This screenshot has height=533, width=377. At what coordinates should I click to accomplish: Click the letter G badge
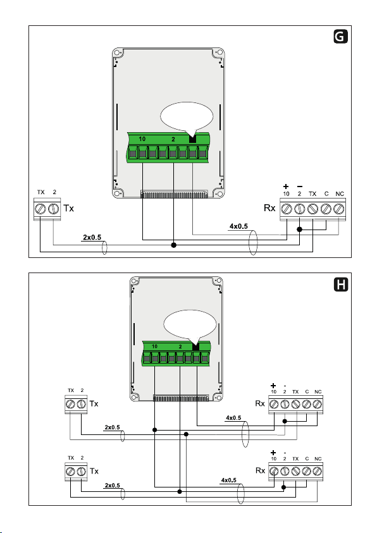tap(340, 37)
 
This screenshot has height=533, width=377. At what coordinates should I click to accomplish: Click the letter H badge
tap(340, 285)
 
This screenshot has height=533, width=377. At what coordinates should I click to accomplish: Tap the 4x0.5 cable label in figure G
tap(238, 226)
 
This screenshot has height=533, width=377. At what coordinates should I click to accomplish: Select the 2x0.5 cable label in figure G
tap(92, 237)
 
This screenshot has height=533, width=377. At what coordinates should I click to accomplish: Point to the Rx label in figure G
tap(269, 208)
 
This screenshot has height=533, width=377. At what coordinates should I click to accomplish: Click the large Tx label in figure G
tap(68, 208)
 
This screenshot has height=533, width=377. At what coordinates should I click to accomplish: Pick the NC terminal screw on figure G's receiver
tap(338, 209)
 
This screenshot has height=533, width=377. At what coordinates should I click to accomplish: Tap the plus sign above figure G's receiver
tap(286, 187)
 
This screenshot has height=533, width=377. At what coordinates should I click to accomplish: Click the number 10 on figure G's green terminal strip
tap(142, 138)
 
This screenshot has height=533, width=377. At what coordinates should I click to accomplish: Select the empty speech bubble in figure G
tap(187, 116)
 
